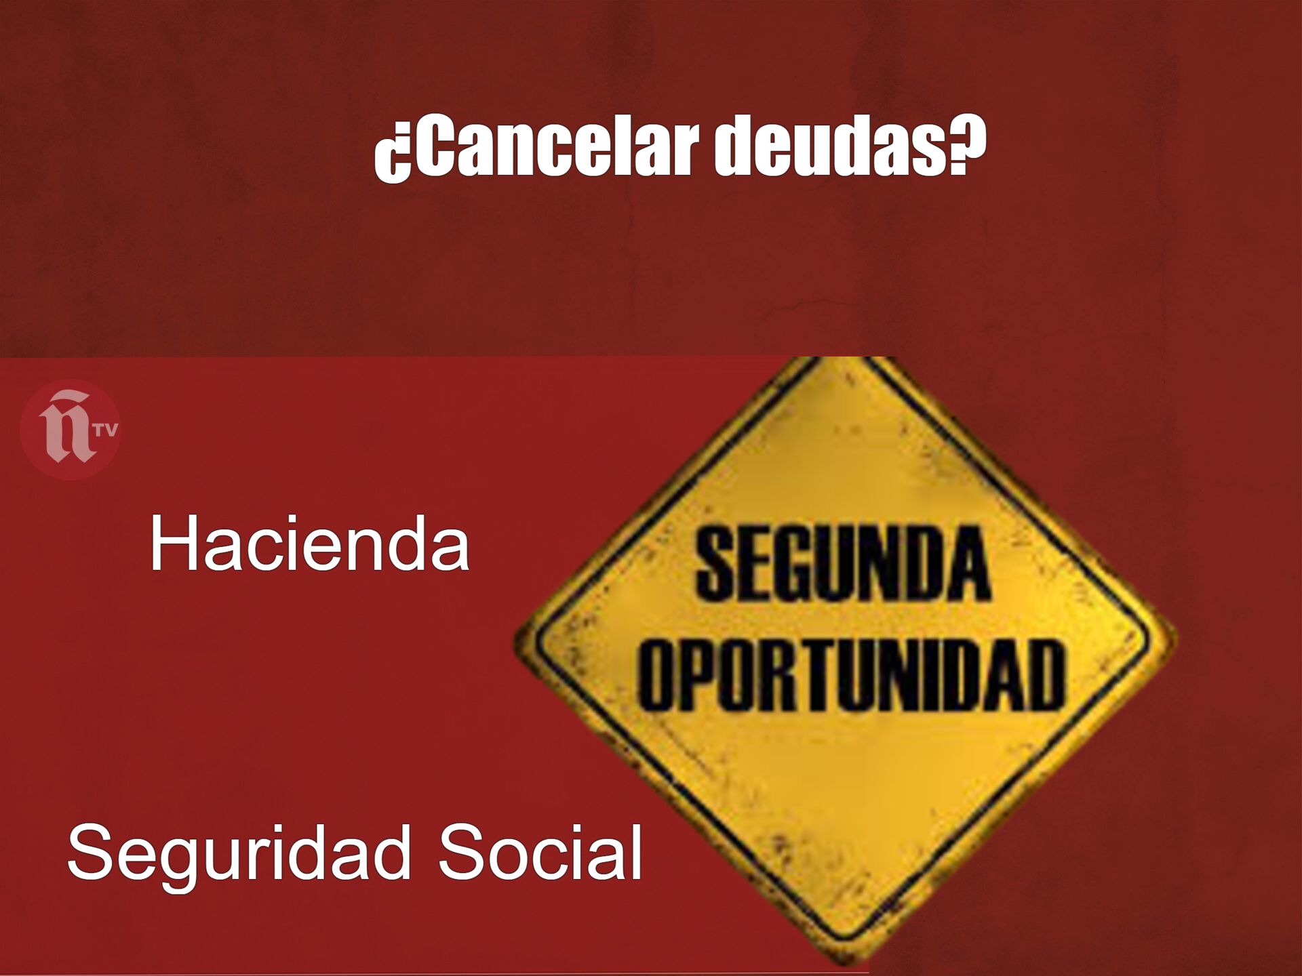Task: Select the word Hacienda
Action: point(309,544)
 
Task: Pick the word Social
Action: point(540,850)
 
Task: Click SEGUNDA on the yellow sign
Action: point(842,566)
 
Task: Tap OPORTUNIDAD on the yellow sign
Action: point(851,674)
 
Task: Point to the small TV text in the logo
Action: point(107,430)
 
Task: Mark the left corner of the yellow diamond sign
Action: point(514,641)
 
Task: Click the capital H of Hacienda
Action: point(173,544)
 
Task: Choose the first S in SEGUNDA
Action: point(717,566)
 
